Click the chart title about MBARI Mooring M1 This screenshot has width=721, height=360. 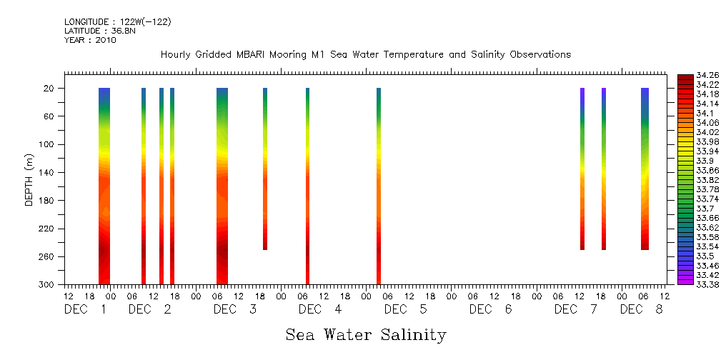pos(365,55)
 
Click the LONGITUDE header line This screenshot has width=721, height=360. pos(118,22)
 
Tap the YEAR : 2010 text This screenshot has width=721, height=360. pos(90,40)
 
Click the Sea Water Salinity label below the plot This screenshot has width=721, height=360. pos(366,335)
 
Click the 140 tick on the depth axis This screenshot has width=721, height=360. pos(48,172)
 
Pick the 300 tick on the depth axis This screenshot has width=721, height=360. pos(48,284)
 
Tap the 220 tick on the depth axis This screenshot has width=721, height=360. pos(48,229)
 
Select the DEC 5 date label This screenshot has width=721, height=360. pos(405,309)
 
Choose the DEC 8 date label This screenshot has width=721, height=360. pos(641,309)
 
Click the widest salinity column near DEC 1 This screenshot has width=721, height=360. pos(104,186)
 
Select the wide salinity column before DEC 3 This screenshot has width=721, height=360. pos(222,186)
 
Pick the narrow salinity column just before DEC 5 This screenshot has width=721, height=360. pos(379,186)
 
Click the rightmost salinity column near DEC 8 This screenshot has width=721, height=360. pos(645,169)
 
